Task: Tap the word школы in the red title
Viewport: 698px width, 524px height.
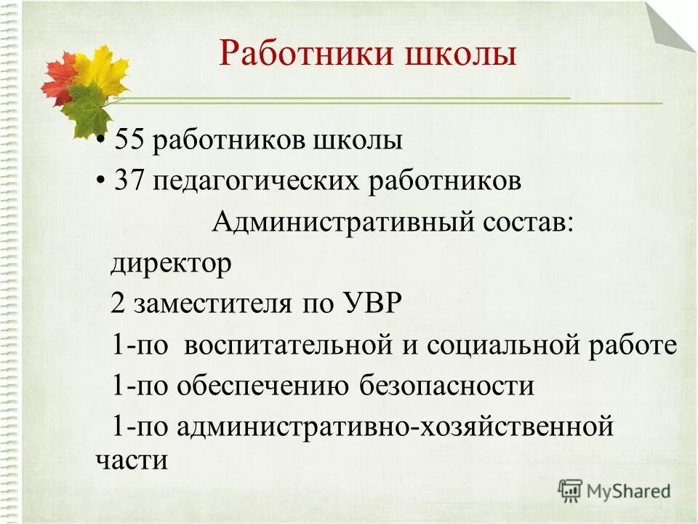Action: [x=467, y=55]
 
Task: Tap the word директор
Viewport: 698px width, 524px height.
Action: [x=171, y=263]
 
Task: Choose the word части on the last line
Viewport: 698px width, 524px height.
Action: [x=132, y=461]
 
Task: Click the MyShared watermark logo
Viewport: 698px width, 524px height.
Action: [x=614, y=491]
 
